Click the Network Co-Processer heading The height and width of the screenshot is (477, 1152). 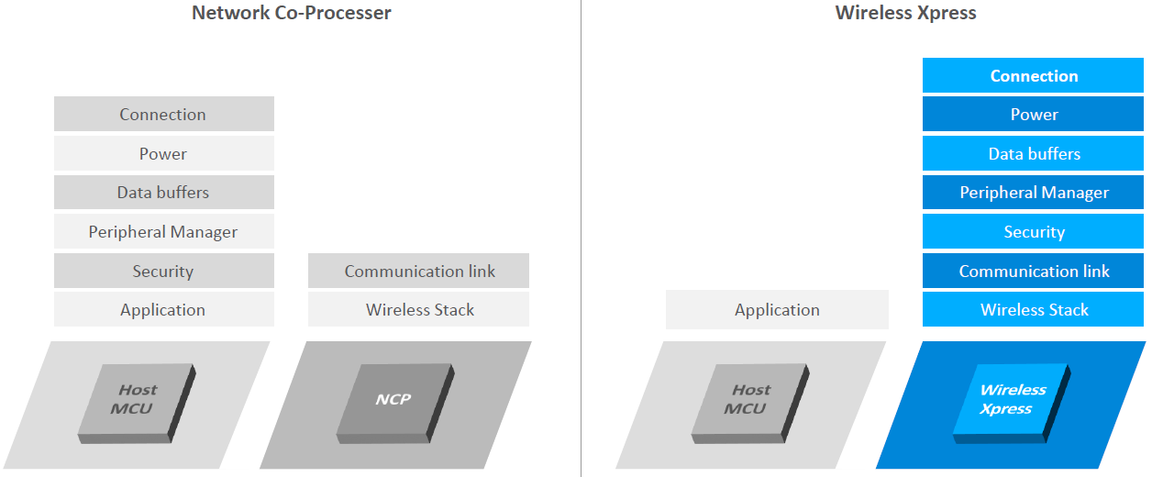[x=292, y=13]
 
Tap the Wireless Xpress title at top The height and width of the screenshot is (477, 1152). [x=905, y=13]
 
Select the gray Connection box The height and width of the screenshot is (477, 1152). [x=163, y=115]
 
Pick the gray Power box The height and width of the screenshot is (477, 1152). [x=163, y=153]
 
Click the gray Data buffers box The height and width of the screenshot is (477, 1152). [x=163, y=193]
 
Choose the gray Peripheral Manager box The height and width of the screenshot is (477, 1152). [x=163, y=232]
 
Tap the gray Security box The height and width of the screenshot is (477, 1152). [x=163, y=272]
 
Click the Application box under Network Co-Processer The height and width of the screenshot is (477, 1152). [x=163, y=310]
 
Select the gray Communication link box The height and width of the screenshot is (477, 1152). [x=419, y=272]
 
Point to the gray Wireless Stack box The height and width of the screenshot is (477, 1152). [x=419, y=310]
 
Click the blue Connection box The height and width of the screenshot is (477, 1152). [x=1034, y=76]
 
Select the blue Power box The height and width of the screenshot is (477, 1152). [x=1034, y=115]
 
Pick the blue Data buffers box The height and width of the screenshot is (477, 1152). [x=1034, y=154]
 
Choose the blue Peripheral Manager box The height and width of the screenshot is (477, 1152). [x=1034, y=193]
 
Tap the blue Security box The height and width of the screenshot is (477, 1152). [x=1034, y=232]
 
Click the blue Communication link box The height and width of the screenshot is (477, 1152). [x=1034, y=272]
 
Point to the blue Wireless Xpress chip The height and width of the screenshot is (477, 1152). [x=1012, y=401]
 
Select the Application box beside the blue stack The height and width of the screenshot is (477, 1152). [x=777, y=310]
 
